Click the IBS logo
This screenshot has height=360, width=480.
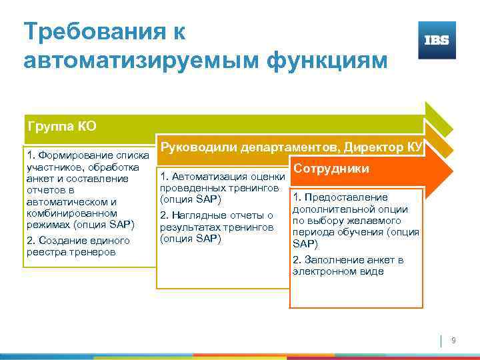tap(437, 40)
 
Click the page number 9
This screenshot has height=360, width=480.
tap(454, 341)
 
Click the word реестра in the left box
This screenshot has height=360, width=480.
tap(44, 252)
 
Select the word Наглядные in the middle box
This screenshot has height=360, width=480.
tap(197, 215)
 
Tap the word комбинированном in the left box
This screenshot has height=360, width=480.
tap(67, 213)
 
